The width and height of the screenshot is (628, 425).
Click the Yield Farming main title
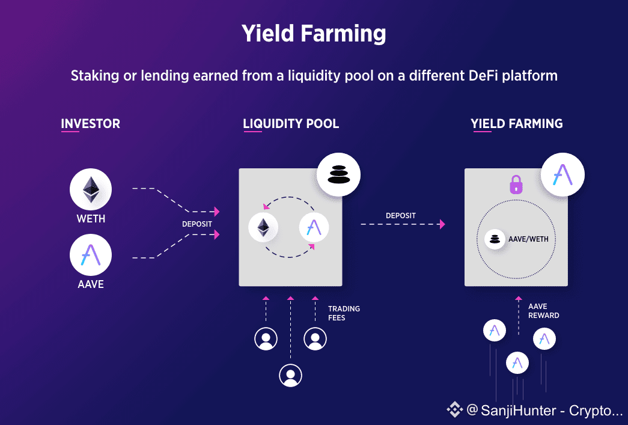[x=314, y=34]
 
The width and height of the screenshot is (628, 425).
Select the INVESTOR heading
[x=90, y=124]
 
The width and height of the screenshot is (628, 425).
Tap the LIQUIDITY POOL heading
[x=291, y=124]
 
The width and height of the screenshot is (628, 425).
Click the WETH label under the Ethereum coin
[x=91, y=219]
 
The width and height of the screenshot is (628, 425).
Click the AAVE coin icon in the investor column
[x=91, y=255]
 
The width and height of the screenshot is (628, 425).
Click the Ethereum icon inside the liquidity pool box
[x=263, y=227]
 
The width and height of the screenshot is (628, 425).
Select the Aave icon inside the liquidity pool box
[x=314, y=227]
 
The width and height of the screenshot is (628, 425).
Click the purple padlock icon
[x=516, y=184]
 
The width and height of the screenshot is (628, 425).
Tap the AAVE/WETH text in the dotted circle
[x=528, y=239]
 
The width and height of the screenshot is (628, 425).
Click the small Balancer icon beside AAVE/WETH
[x=495, y=239]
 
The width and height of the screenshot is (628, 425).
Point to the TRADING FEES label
[x=344, y=313]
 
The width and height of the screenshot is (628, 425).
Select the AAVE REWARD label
[x=543, y=311]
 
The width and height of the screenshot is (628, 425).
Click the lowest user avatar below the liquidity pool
[x=290, y=375]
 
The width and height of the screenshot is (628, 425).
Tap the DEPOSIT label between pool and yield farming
[x=401, y=215]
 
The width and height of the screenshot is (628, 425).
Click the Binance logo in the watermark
[x=454, y=410]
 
